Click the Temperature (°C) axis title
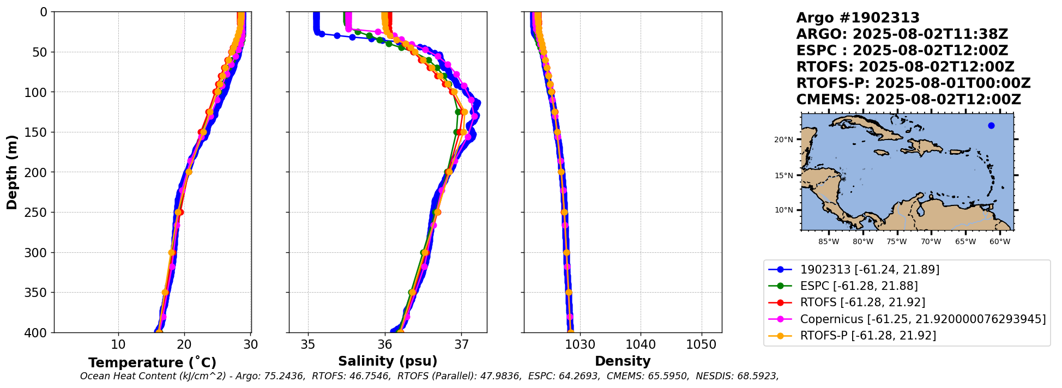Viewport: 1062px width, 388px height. pyautogui.click(x=152, y=363)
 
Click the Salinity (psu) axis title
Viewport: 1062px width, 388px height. pyautogui.click(x=388, y=361)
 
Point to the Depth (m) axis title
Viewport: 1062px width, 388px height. pyautogui.click(x=11, y=172)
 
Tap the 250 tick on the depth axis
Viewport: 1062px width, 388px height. pyautogui.click(x=39, y=213)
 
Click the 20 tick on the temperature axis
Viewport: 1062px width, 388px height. pyautogui.click(x=184, y=344)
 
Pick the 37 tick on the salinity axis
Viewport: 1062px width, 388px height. pyautogui.click(x=461, y=344)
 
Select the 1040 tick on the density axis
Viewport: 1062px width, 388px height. pyautogui.click(x=641, y=344)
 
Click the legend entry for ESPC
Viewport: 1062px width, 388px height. pyautogui.click(x=859, y=286)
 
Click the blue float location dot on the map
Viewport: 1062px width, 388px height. pyautogui.click(x=991, y=126)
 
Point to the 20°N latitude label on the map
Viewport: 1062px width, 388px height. pyautogui.click(x=783, y=140)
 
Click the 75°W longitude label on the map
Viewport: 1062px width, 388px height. pyautogui.click(x=897, y=241)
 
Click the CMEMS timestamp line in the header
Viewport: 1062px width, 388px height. pyautogui.click(x=908, y=100)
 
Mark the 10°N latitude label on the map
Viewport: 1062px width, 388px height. pyautogui.click(x=783, y=210)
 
